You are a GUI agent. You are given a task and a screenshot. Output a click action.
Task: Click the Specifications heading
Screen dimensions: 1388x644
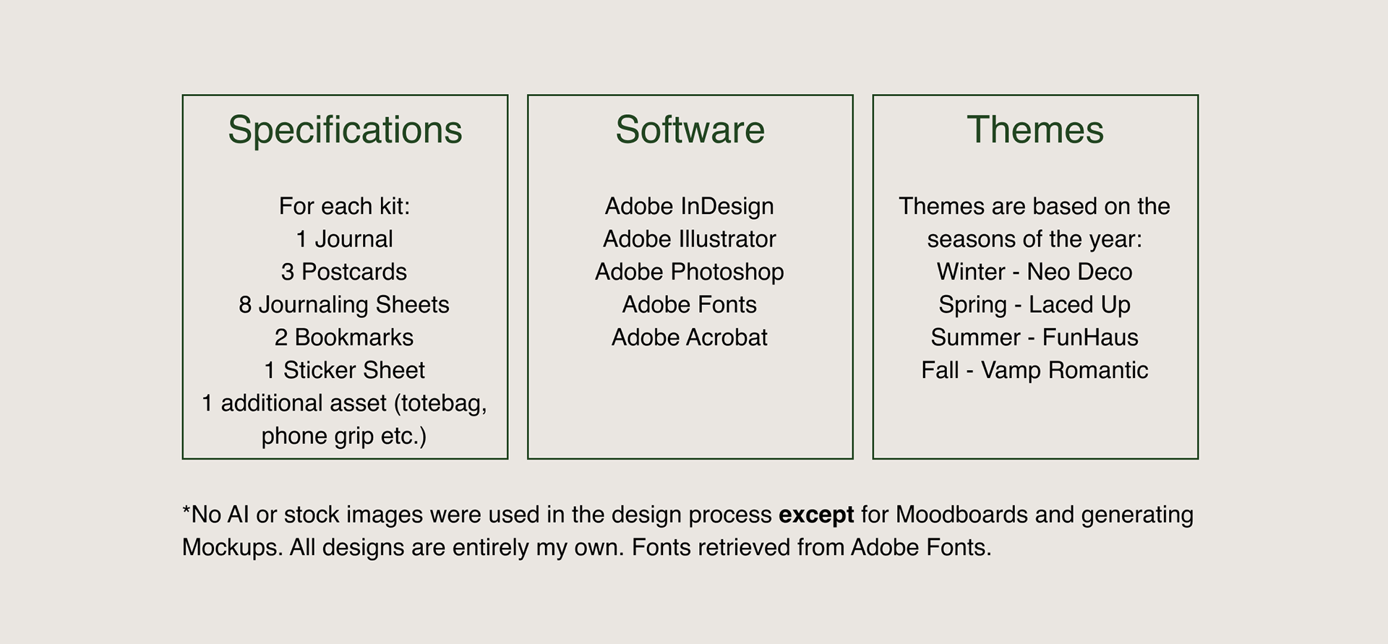click(345, 131)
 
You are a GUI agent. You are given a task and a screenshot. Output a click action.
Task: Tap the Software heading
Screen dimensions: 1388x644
click(690, 130)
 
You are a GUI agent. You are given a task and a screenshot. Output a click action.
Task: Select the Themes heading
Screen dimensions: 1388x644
click(1035, 130)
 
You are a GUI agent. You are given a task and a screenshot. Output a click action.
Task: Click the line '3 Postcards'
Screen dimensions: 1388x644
click(344, 272)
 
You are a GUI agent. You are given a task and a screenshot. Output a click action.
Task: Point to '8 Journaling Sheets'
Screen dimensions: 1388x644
click(344, 305)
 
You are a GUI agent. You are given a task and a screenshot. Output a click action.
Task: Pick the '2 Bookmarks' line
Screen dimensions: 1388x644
click(344, 338)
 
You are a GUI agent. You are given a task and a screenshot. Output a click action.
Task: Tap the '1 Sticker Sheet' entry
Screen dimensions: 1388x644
click(344, 370)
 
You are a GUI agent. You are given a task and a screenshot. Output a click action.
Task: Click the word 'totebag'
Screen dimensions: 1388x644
click(440, 403)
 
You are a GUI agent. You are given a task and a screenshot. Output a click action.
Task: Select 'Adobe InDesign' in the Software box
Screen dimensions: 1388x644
click(690, 207)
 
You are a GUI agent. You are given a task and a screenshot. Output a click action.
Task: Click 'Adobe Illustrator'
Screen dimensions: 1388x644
click(690, 239)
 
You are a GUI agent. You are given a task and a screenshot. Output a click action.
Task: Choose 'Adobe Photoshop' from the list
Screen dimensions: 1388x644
click(690, 272)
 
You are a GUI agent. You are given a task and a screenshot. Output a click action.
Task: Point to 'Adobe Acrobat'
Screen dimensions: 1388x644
click(690, 338)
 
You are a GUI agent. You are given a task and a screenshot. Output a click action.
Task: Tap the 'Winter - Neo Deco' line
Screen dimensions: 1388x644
click(1034, 272)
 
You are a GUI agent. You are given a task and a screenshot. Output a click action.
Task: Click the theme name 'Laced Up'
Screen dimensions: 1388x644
click(1079, 305)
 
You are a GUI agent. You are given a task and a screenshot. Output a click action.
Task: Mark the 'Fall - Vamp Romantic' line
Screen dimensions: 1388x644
click(1034, 370)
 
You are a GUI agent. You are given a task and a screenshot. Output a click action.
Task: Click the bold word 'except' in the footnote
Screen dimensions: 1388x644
click(816, 515)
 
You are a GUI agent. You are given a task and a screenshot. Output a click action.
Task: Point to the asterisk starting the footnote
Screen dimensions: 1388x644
click(187, 509)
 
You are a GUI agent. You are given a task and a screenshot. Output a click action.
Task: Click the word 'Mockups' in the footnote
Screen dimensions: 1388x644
click(231, 548)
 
